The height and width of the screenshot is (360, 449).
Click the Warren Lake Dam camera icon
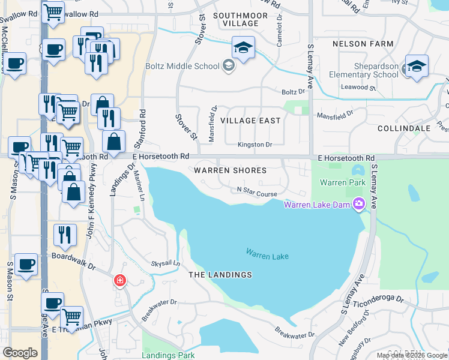tap(360, 205)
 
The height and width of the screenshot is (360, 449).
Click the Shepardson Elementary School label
tap(364, 71)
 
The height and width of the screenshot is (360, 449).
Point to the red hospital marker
tap(120, 280)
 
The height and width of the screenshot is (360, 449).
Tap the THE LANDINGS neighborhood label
tap(220, 275)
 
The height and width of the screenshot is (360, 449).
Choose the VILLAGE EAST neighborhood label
tap(250, 121)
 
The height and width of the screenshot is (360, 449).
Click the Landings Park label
tap(169, 355)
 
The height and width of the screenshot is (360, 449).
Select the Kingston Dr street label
tap(255, 145)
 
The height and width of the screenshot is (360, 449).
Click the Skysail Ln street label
tap(166, 263)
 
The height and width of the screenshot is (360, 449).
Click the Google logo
tap(20, 353)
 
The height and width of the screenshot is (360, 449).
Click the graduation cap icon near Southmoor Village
tap(243, 49)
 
